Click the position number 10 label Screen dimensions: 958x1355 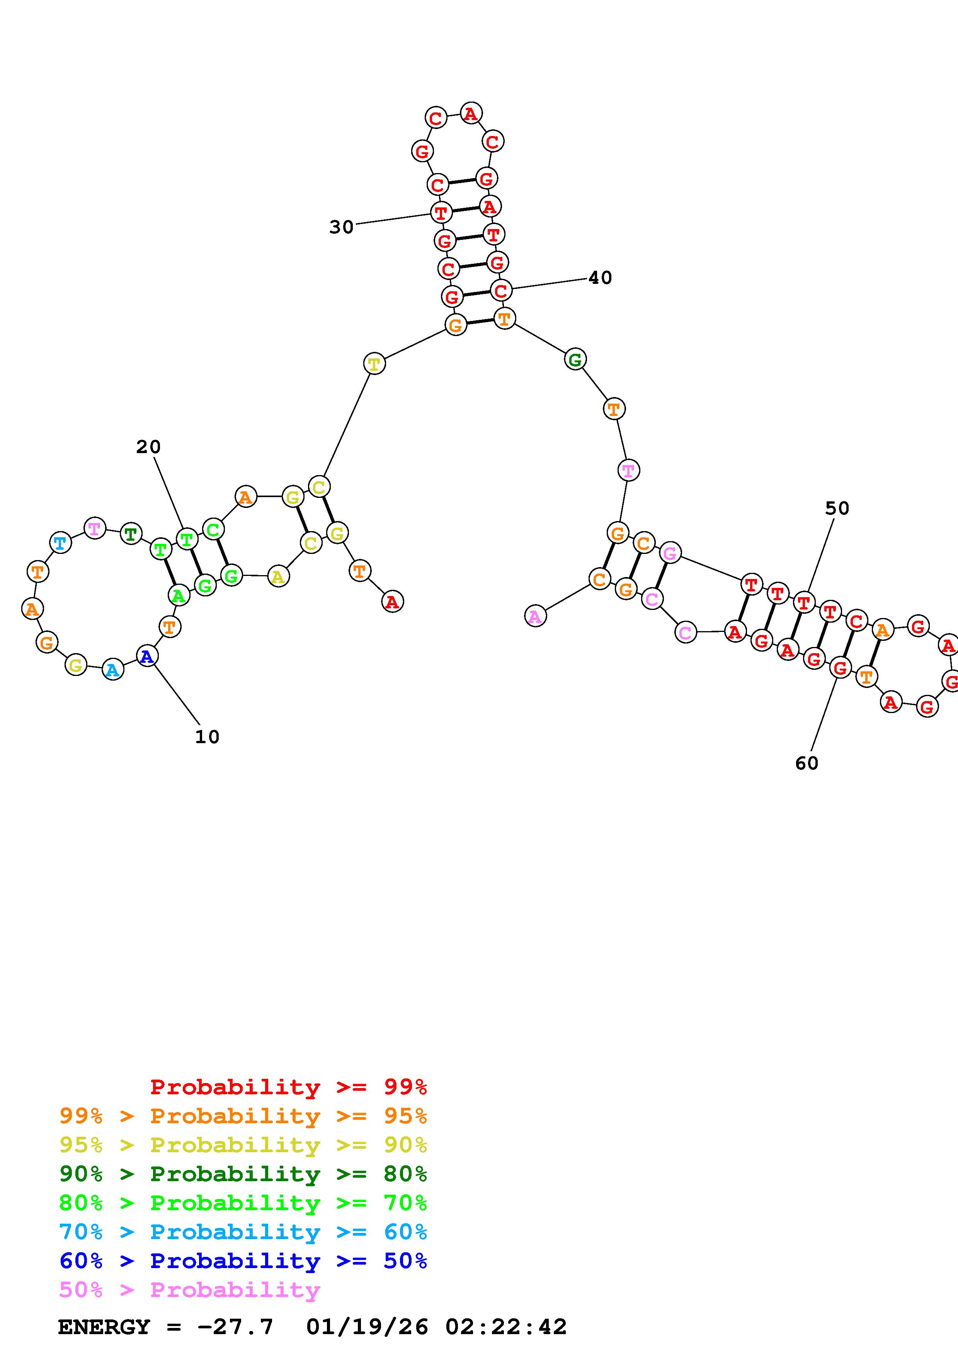[x=207, y=737]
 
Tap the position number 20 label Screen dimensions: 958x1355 [x=148, y=447]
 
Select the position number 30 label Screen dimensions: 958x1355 [x=341, y=227]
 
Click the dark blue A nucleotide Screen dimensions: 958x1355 [x=147, y=655]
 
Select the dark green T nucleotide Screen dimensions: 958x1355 [x=131, y=534]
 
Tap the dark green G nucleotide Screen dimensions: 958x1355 [x=575, y=359]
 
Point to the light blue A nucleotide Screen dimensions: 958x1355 [x=113, y=670]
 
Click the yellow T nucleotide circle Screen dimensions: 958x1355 [x=374, y=363]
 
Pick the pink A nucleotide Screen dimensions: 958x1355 [x=535, y=617]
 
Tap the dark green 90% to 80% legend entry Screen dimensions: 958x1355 [x=243, y=1174]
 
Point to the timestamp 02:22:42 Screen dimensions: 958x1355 [x=506, y=1327]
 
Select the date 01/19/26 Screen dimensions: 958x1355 [x=367, y=1327]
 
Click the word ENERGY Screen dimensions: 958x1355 [x=104, y=1327]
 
